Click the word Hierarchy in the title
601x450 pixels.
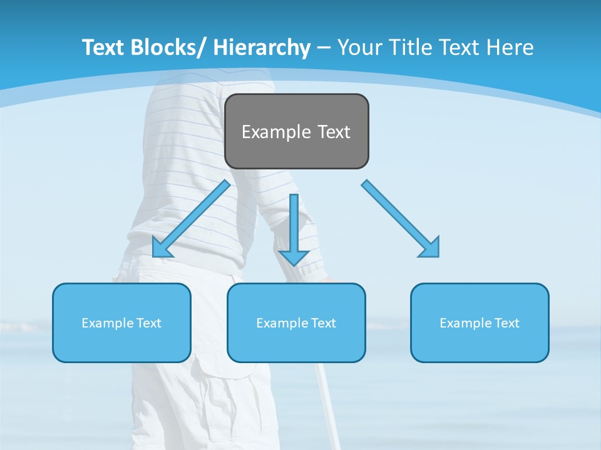click(x=262, y=47)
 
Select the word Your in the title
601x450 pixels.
click(x=359, y=47)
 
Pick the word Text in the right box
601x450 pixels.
click(x=506, y=323)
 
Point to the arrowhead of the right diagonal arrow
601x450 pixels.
click(x=431, y=249)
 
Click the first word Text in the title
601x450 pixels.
click(x=103, y=47)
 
